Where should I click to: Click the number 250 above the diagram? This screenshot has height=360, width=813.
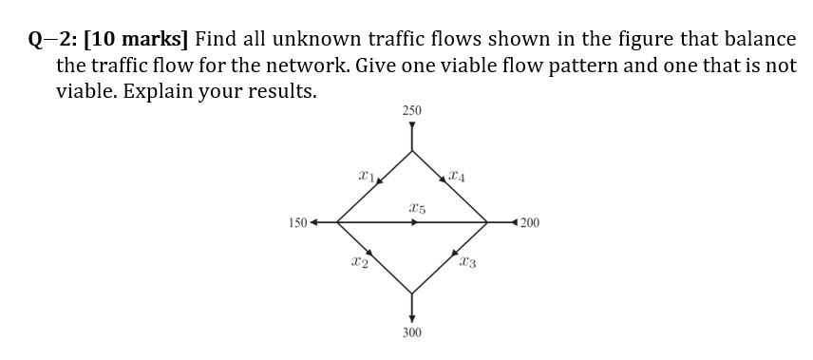point(411,112)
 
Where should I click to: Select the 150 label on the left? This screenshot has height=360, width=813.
point(297,223)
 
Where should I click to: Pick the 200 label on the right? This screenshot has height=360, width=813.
point(530,223)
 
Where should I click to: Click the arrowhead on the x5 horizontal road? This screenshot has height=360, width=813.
point(414,223)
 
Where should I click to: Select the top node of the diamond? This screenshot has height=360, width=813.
point(411,150)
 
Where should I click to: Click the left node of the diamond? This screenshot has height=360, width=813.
point(337,223)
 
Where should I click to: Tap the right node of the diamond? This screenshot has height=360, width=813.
point(487,223)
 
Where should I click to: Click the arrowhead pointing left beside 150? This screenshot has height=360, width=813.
point(314,223)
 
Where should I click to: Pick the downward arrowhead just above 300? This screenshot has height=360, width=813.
point(411,317)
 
